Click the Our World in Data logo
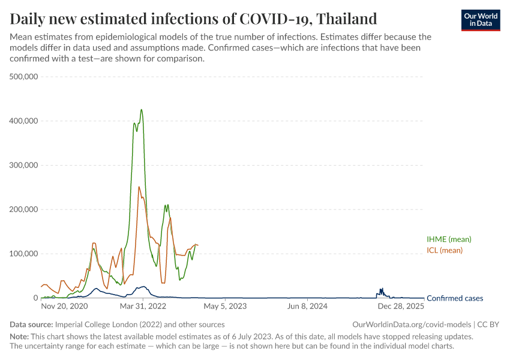[480, 20]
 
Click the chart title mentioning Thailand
[193, 19]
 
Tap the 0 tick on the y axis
[35, 298]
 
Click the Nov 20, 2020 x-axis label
[64, 307]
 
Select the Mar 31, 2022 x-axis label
[143, 307]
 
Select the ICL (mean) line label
[445, 250]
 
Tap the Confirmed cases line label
[454, 298]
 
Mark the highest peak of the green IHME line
[142, 110]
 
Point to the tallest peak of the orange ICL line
[139, 187]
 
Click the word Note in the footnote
[19, 337]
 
